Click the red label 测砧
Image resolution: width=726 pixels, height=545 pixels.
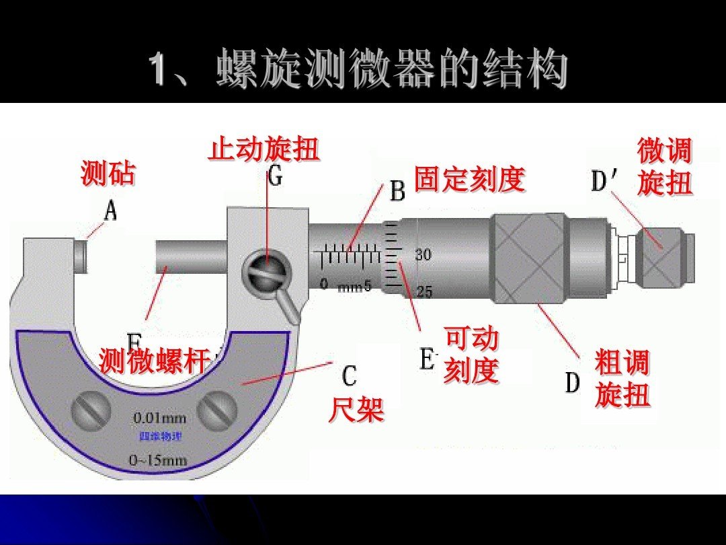(108, 174)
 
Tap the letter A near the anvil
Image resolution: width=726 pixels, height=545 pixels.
(111, 212)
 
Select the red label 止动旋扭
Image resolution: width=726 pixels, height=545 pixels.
(264, 149)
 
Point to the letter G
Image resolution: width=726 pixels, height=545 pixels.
(276, 176)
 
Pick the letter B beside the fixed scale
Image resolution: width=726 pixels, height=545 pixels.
(398, 192)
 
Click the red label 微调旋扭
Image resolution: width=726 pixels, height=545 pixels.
(664, 168)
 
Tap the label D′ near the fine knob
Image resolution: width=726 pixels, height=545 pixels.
(606, 181)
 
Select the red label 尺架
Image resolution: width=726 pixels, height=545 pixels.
(356, 408)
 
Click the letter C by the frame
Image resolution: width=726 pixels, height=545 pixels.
(349, 376)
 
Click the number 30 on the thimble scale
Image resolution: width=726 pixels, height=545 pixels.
(423, 254)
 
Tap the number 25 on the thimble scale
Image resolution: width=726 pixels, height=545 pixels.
(424, 291)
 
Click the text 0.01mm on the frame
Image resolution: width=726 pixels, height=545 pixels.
(160, 418)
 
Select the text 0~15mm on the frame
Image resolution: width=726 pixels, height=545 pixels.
(159, 460)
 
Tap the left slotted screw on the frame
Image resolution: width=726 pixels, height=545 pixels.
(91, 409)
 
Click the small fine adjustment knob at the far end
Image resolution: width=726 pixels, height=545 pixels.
(662, 256)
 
